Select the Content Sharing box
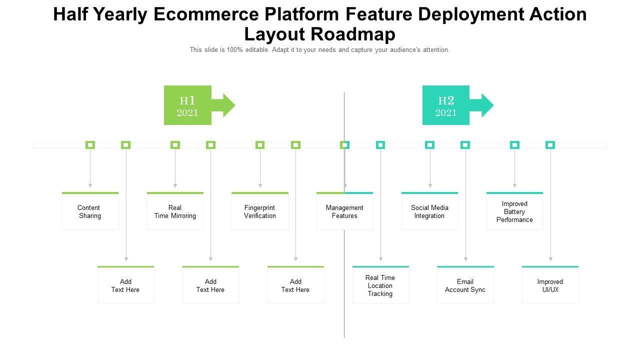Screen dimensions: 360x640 point(90,211)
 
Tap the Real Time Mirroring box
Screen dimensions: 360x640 point(175,211)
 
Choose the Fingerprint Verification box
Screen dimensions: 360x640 point(260,211)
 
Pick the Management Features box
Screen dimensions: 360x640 point(344,211)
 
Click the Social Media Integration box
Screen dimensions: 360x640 point(429,211)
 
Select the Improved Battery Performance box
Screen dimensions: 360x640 point(514,211)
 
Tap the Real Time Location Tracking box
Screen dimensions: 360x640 point(380,285)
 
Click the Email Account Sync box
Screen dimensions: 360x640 point(465,285)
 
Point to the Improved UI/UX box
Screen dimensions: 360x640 point(550,285)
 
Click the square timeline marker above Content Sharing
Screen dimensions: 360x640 point(90,145)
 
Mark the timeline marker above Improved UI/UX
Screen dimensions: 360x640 point(550,145)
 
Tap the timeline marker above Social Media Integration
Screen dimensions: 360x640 point(429,145)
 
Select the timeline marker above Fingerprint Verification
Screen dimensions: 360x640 point(260,145)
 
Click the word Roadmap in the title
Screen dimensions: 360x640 point(353,34)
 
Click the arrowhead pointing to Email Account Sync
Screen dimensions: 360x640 point(465,259)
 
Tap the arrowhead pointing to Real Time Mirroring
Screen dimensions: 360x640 point(175,185)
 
